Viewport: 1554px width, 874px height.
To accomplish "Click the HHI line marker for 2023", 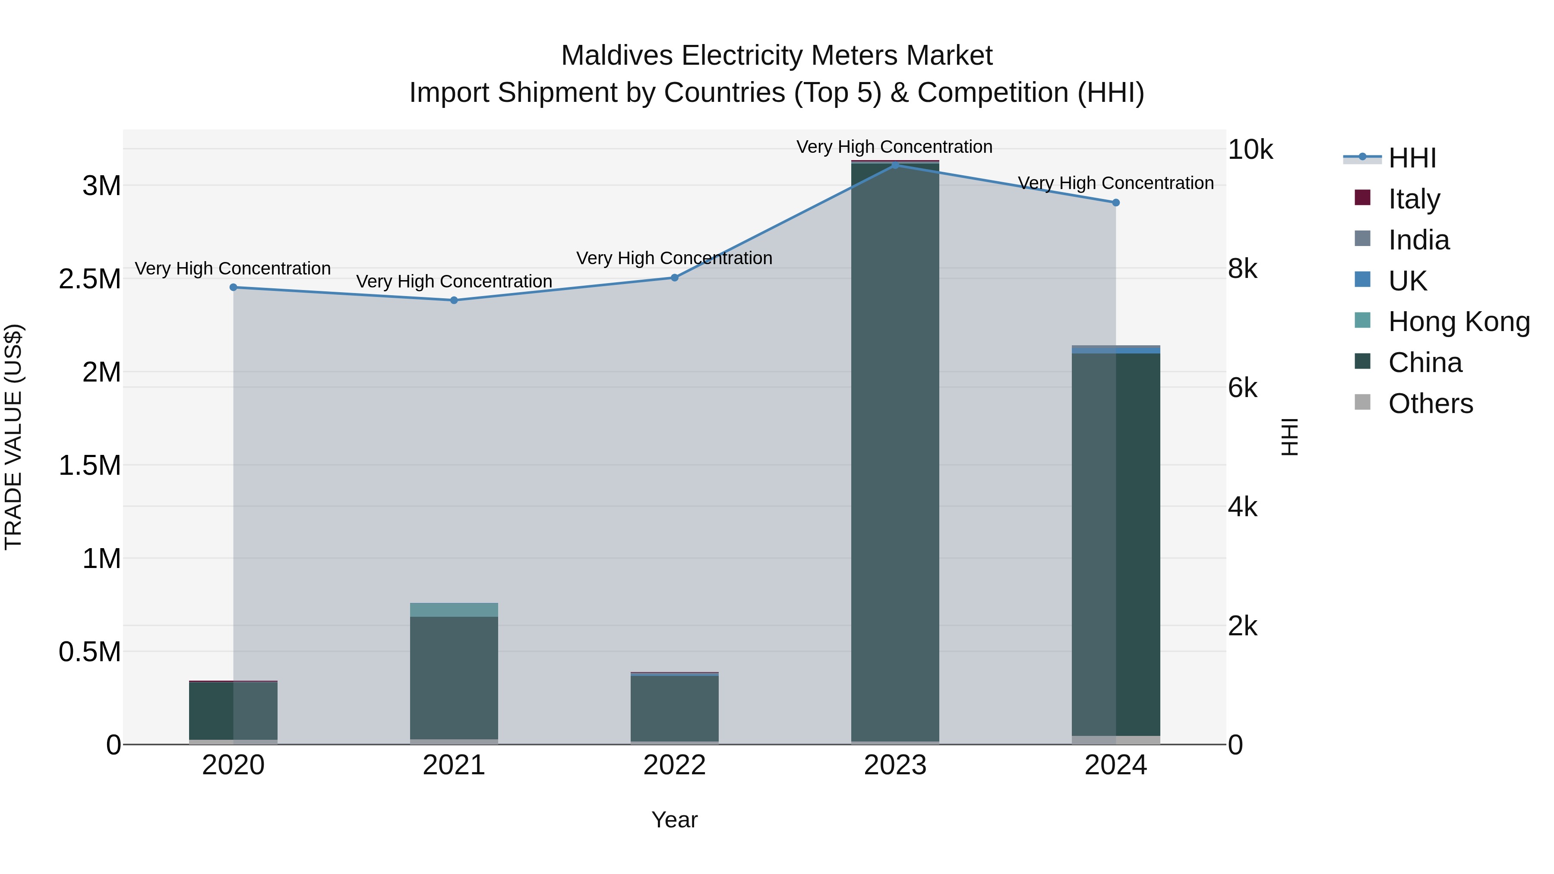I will click(895, 165).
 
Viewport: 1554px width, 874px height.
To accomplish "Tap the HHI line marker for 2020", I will click(234, 287).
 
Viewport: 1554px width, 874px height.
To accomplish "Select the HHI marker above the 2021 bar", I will click(454, 300).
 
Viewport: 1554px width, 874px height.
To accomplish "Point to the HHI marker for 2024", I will click(1115, 203).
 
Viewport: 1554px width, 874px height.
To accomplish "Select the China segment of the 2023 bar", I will click(895, 452).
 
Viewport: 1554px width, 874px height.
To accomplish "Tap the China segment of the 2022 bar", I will click(674, 709).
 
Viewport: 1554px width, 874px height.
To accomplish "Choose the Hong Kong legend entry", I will click(1458, 322).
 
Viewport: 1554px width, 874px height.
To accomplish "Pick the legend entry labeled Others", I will click(1430, 404).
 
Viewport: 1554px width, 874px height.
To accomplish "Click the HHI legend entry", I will click(1411, 158).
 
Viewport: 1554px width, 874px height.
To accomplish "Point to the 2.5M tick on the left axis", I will click(90, 279).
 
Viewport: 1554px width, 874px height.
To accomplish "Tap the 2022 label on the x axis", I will click(674, 765).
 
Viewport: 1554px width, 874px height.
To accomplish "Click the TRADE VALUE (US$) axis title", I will click(13, 437).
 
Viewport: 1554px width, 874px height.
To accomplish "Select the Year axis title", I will click(674, 820).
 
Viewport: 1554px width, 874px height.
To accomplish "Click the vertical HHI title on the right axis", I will click(1289, 437).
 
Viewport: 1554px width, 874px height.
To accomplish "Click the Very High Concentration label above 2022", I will click(674, 258).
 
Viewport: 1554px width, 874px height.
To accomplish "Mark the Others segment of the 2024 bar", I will click(1115, 740).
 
